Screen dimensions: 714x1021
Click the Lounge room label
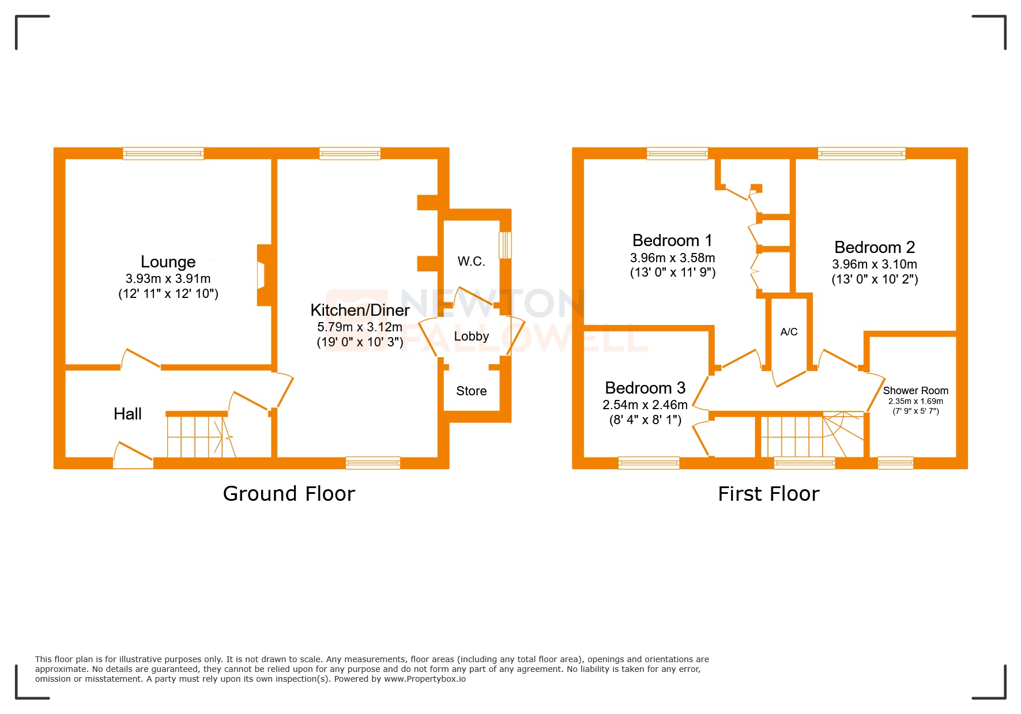point(168,262)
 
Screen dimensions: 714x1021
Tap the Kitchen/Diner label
point(360,310)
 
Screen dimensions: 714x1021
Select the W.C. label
point(471,262)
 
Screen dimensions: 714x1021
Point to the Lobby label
point(471,336)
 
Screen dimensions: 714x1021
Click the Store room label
point(471,391)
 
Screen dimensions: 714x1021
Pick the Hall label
point(127,414)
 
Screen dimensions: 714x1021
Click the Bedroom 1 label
point(672,240)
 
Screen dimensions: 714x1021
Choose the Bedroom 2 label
point(874,247)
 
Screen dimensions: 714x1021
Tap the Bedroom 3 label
point(645,388)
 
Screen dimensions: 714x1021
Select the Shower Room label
point(915,391)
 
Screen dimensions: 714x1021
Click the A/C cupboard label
point(789,332)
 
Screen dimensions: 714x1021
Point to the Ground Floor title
point(289,494)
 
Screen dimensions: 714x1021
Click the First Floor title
point(768,494)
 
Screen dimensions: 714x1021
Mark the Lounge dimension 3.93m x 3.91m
point(168,279)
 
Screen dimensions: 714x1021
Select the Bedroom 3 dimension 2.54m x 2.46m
point(645,405)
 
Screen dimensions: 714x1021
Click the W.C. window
point(504,245)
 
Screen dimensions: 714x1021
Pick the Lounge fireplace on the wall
point(263,275)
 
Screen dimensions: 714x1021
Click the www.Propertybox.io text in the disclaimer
point(424,679)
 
